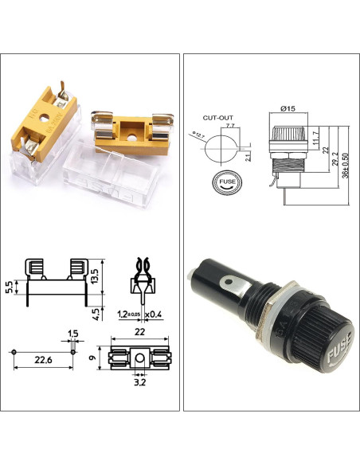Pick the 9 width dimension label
[x=94, y=358]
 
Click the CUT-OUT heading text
[x=217, y=117]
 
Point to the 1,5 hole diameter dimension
[x=72, y=332]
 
